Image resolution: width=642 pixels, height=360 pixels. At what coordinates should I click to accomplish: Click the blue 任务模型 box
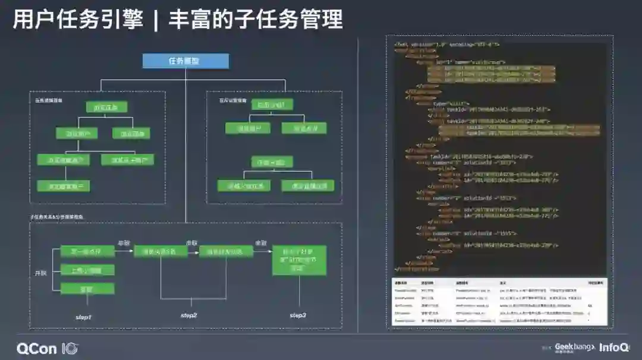pos(185,61)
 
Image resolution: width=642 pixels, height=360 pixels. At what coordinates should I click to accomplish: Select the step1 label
pos(84,317)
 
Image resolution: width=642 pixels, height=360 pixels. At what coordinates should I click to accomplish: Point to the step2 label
pos(188,314)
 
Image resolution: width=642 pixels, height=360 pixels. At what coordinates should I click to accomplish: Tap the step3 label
pos(298,314)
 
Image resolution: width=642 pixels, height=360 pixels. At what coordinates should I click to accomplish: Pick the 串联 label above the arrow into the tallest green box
pos(260,243)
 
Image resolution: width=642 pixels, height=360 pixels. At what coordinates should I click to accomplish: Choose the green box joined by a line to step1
pos(88,288)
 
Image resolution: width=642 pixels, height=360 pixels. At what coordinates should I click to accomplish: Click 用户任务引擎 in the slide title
pos(78,20)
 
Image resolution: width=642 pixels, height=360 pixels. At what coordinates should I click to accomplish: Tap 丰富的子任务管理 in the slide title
pos(256,20)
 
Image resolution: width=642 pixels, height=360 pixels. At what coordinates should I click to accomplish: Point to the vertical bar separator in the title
pos(156,20)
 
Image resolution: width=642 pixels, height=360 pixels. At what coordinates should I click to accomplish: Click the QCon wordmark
pos(36,348)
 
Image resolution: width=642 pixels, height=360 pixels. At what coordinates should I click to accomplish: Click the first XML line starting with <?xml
pos(446,44)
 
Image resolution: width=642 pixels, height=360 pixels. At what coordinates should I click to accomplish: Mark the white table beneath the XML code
pos(499,301)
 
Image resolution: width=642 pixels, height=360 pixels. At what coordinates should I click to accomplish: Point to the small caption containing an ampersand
pos(57,217)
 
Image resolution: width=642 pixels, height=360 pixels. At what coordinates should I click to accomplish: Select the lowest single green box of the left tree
pos(64,186)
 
